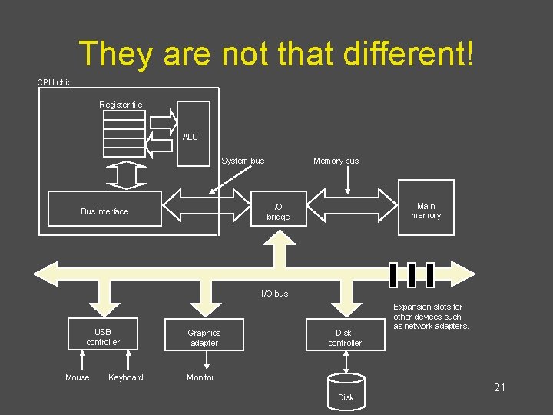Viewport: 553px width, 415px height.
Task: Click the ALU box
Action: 194,134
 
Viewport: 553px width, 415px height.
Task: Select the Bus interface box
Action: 104,208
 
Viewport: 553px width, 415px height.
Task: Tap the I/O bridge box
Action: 279,208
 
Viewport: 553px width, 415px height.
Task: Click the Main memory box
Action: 426,207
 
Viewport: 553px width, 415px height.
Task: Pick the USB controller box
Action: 103,334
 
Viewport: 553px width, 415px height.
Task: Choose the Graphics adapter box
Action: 204,334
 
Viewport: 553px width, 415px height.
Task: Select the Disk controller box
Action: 346,334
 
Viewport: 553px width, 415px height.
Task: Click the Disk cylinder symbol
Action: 346,393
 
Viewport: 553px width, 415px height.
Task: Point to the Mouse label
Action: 78,377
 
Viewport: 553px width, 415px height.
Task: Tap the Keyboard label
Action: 126,377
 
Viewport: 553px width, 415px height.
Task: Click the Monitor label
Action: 200,377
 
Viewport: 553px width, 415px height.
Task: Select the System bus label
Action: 243,161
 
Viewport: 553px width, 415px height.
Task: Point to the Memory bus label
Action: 336,161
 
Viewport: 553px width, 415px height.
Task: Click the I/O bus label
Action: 275,294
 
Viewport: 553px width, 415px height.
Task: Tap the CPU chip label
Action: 55,82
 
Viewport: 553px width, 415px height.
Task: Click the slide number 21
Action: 499,387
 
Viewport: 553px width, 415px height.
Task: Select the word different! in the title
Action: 408,54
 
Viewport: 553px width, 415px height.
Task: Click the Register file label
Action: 121,105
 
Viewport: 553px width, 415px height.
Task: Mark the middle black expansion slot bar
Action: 412,274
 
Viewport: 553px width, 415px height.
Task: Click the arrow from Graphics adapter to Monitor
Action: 207,360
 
